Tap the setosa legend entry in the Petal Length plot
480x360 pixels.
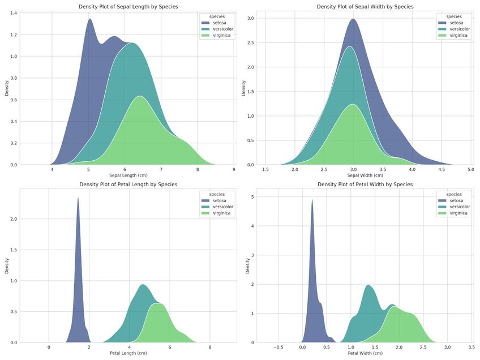coord(220,200)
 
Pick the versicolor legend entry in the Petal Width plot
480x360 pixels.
coord(458,207)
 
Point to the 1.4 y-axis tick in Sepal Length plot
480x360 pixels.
coord(14,13)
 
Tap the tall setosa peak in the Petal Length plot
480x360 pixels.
coord(78,199)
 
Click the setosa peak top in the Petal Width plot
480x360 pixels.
coord(312,201)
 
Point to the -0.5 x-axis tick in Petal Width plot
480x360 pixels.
coord(277,347)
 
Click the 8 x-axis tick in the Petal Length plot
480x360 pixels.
coord(210,347)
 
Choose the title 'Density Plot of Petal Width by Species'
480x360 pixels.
coord(365,185)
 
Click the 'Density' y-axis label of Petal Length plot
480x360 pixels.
coord(7,266)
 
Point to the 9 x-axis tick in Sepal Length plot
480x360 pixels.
coord(234,169)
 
